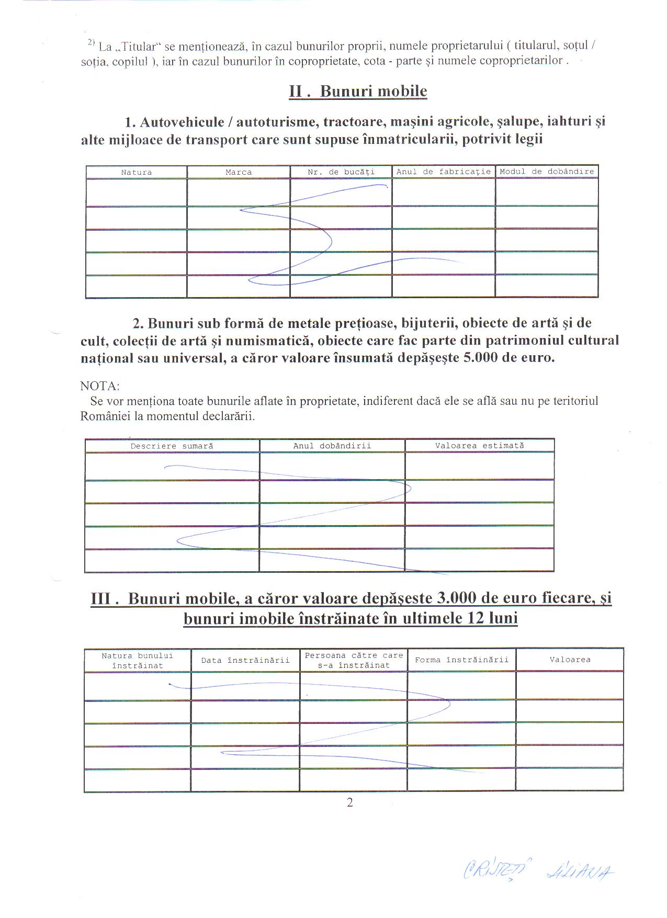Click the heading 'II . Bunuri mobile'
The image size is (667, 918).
(358, 91)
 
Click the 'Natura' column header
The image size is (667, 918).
(137, 172)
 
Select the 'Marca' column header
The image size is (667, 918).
(239, 172)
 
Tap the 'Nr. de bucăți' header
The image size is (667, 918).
(341, 172)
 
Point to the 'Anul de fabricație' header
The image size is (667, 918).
(444, 172)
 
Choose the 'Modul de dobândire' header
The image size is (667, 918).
(547, 172)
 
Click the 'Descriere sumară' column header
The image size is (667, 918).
(172, 446)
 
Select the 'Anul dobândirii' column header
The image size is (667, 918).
(332, 446)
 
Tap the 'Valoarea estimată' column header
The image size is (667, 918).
(479, 446)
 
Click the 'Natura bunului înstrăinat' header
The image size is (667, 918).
(138, 660)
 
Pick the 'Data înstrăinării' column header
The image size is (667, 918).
(245, 660)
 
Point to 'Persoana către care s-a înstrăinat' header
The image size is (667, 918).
(354, 660)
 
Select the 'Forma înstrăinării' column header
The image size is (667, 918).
(461, 660)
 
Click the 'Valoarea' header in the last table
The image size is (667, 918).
(570, 660)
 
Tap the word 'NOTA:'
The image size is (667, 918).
(100, 386)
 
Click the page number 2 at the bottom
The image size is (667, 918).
(350, 802)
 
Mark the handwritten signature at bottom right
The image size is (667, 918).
(539, 870)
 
